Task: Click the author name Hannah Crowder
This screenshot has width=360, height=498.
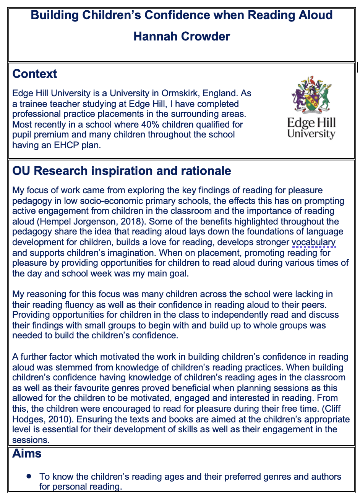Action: (182, 37)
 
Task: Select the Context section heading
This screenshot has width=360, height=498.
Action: (35, 74)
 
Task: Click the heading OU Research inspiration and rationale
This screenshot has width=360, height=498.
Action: (122, 171)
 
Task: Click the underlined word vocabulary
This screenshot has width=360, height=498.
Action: (313, 242)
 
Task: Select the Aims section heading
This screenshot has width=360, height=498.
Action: (27, 453)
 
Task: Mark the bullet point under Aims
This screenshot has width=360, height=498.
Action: (29, 476)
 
